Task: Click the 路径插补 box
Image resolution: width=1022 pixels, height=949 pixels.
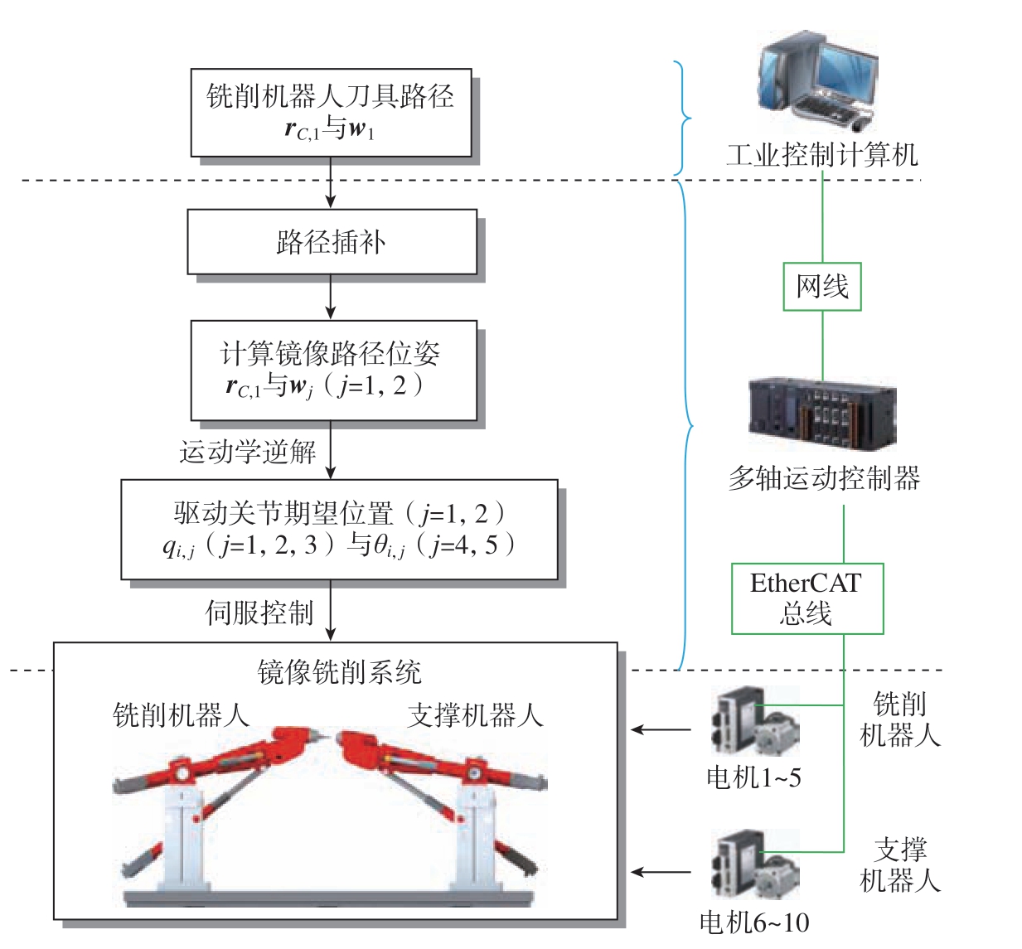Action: coord(332,241)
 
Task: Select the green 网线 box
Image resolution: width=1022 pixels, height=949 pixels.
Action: coord(821,287)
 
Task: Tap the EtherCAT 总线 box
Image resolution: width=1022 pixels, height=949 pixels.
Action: coord(806,598)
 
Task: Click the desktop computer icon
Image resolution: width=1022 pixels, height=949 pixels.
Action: coord(817,81)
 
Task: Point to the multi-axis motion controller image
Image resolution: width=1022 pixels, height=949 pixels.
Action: coord(821,414)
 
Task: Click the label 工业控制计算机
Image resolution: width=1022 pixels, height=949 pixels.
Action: coord(821,155)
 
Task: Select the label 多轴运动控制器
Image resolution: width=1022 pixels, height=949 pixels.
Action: coord(824,478)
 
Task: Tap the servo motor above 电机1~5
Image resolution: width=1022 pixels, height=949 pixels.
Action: coord(755,720)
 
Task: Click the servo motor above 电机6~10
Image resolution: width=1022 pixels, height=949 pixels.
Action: coord(755,864)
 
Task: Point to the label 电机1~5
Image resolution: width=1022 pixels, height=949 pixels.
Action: coord(754,777)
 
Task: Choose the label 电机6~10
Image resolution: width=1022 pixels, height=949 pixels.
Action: coord(754,922)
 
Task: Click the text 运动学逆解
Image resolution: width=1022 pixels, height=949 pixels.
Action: coord(248,452)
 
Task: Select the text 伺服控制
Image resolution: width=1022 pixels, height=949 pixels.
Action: coord(259,612)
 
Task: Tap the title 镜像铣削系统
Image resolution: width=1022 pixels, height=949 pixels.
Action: coord(339,671)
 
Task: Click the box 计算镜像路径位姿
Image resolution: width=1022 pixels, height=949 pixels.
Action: coord(334,370)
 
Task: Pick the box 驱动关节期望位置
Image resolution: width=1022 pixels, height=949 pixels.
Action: coord(339,530)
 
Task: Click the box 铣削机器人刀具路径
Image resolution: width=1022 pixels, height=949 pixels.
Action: coord(331,113)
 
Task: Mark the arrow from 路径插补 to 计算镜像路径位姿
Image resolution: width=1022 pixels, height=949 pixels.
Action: coord(331,297)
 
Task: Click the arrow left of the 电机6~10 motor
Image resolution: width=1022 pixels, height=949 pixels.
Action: coord(661,872)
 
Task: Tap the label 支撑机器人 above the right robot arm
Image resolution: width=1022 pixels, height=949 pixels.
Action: coord(476,715)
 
